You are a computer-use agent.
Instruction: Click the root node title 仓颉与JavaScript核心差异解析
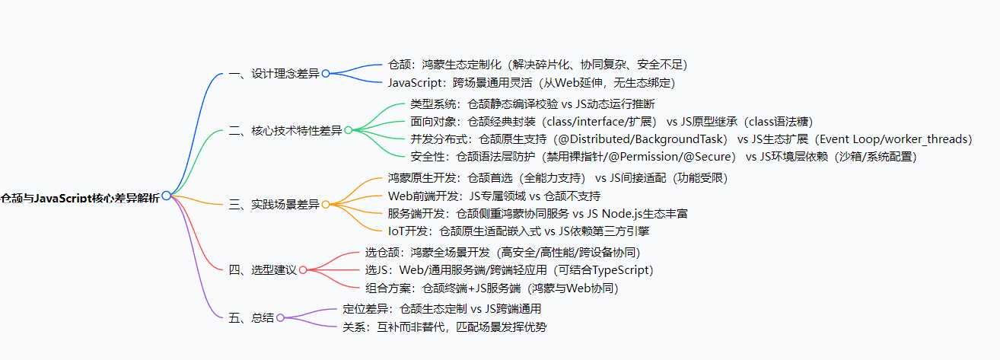[x=80, y=197]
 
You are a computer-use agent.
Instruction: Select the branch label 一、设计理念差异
[x=274, y=74]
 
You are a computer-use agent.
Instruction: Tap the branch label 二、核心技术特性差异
[x=285, y=130]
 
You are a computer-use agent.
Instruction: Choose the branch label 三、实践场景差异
[x=274, y=205]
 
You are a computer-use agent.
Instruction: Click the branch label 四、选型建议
[x=263, y=269]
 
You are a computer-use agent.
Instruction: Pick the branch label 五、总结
[x=251, y=317]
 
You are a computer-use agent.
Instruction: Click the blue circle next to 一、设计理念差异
[x=326, y=74]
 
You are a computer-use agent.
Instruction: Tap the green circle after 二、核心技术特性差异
[x=349, y=130]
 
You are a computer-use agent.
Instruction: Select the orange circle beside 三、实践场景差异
[x=326, y=205]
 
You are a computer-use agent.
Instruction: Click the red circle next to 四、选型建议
[x=303, y=269]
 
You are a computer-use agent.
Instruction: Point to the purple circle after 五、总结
[x=280, y=317]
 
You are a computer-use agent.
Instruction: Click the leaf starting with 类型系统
[x=532, y=104]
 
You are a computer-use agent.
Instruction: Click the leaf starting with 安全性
[x=663, y=157]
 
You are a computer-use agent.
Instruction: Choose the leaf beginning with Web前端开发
[x=494, y=196]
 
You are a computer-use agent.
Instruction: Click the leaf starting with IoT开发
[x=518, y=231]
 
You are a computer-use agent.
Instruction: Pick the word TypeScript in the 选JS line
[x=616, y=269]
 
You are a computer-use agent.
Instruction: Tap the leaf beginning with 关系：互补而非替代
[x=444, y=327]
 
